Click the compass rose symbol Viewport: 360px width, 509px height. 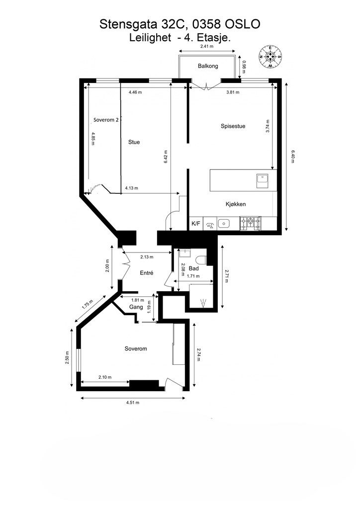(x=270, y=57)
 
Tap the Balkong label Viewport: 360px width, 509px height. (x=208, y=66)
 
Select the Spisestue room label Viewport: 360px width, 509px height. (x=233, y=126)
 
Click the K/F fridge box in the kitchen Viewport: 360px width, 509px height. (x=196, y=223)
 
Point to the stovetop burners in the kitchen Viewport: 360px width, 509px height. (x=250, y=223)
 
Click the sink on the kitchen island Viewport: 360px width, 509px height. (x=262, y=181)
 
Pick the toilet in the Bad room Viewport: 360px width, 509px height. (x=202, y=260)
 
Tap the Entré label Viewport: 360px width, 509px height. (x=146, y=273)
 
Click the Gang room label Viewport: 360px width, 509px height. (x=136, y=307)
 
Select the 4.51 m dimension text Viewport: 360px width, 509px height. (x=133, y=403)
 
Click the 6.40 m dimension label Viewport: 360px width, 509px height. (x=292, y=156)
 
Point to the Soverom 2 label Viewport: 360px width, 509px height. (x=106, y=120)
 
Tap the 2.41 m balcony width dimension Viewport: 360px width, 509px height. (x=207, y=46)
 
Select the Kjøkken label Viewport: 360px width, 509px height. (x=236, y=204)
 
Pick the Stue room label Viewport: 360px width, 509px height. (x=134, y=142)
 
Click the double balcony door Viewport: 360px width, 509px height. (x=206, y=85)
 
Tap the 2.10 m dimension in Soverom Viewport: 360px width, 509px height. (x=105, y=377)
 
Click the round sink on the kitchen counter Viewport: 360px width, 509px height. (x=224, y=223)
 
